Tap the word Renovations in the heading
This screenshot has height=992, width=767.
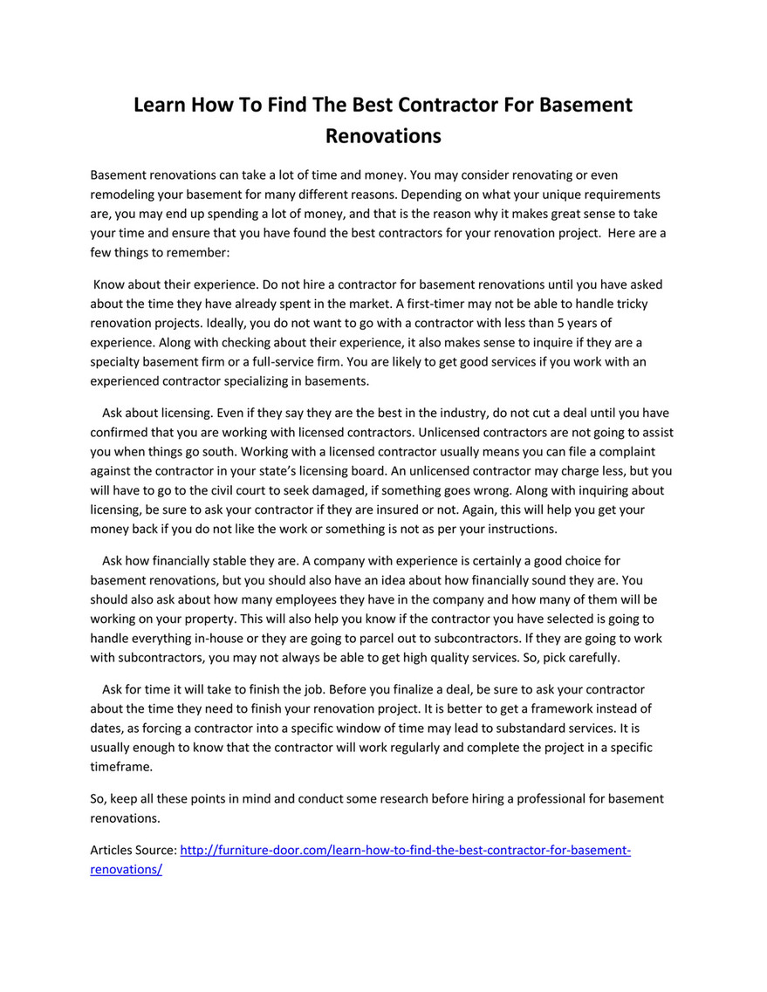pyautogui.click(x=383, y=136)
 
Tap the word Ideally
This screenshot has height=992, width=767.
pyautogui.click(x=238, y=323)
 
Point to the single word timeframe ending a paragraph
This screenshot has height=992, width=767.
pyautogui.click(x=121, y=766)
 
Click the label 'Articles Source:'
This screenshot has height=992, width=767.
pyautogui.click(x=134, y=850)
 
